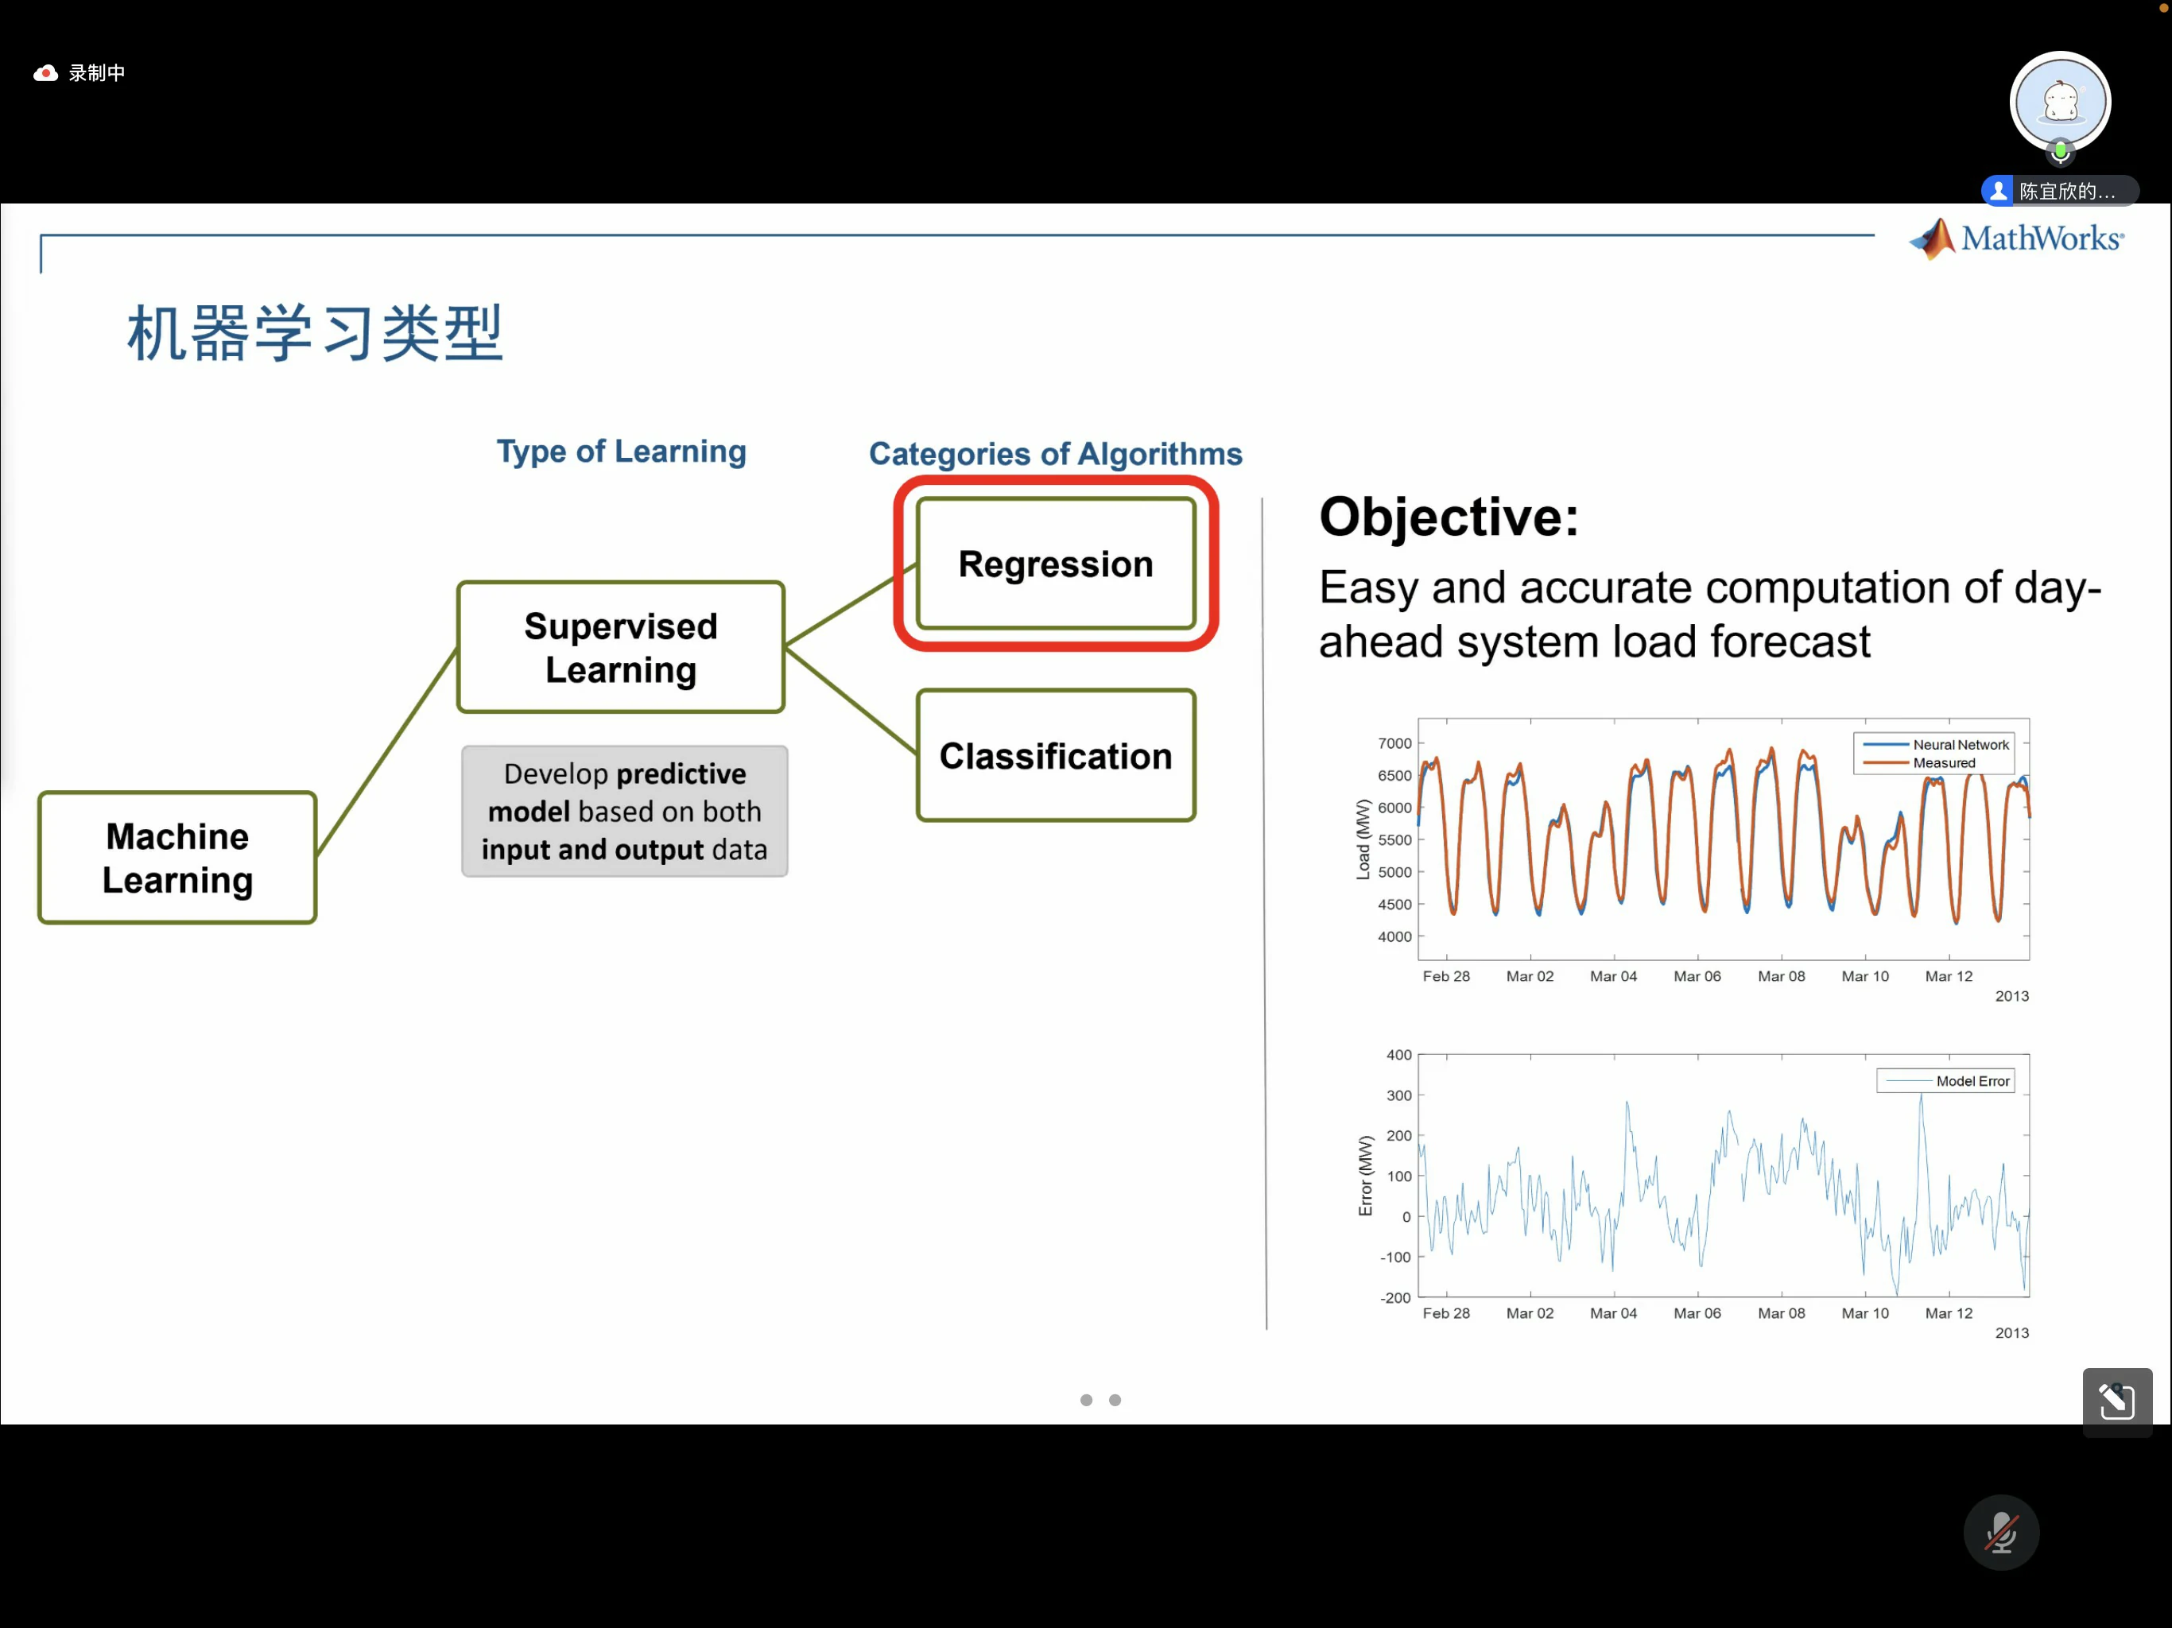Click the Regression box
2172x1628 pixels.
click(x=1056, y=564)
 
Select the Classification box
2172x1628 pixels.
click(x=1056, y=755)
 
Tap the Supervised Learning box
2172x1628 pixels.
click(x=621, y=647)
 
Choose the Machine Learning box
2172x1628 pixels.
click(x=178, y=857)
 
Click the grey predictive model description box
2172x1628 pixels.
click(x=625, y=811)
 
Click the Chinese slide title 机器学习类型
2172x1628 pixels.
click(x=315, y=333)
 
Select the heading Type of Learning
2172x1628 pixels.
click(x=621, y=451)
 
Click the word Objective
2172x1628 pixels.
click(x=1449, y=517)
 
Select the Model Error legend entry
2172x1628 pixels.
click(x=1947, y=1081)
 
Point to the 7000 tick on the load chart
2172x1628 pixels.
click(x=1394, y=743)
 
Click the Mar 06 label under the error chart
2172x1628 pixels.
click(x=1697, y=1312)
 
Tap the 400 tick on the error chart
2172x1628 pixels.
click(x=1398, y=1055)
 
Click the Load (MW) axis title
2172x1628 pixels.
click(x=1363, y=839)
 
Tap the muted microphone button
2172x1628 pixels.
click(x=2001, y=1532)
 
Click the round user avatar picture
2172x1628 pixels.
click(x=2060, y=102)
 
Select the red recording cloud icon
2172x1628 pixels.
click(x=45, y=72)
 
